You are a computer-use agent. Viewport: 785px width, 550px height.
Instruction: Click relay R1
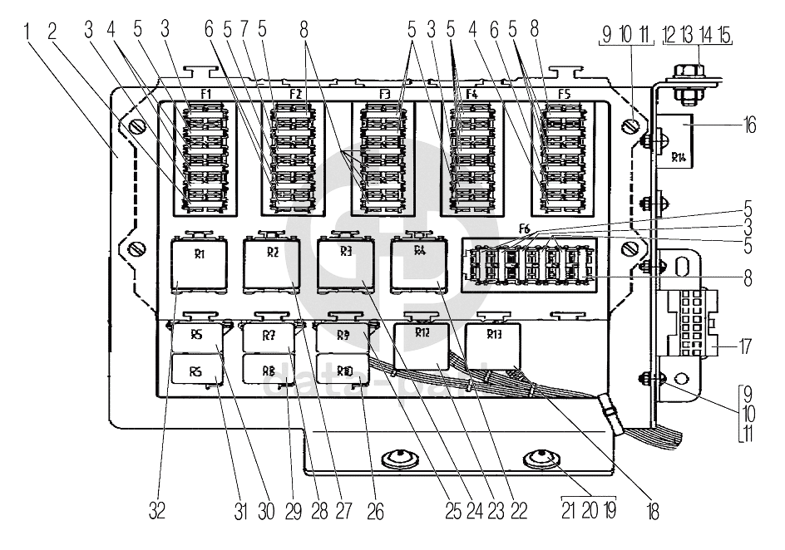point(199,264)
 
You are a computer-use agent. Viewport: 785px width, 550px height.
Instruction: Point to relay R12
point(422,345)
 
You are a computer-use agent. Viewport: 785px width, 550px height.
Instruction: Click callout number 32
point(157,510)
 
